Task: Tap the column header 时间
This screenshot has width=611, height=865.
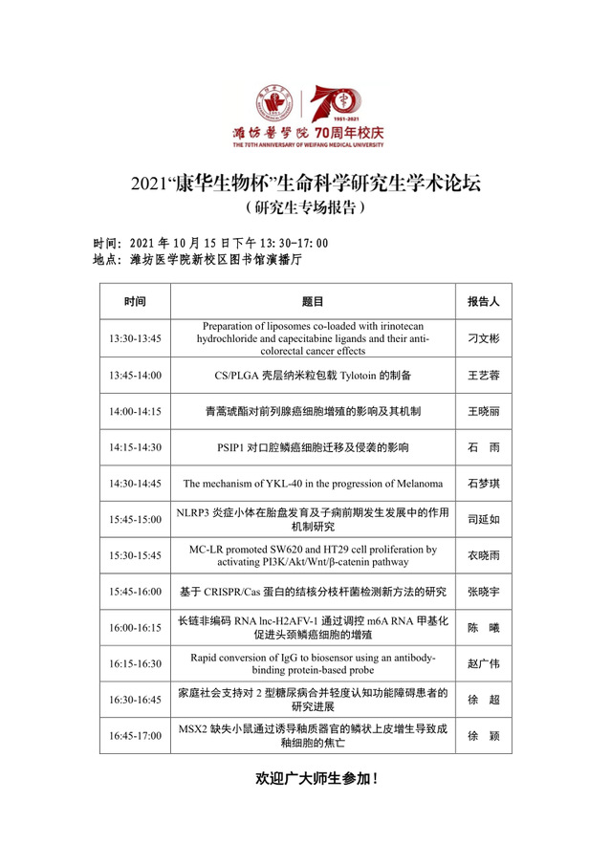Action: (x=135, y=301)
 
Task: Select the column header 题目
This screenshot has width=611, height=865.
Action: (x=313, y=301)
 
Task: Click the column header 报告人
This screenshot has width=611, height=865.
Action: (x=484, y=301)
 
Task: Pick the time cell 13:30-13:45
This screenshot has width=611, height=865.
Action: (x=135, y=338)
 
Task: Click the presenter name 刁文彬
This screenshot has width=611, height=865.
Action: (x=484, y=338)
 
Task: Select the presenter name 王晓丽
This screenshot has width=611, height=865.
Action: (x=484, y=411)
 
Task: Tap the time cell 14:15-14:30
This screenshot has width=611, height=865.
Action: (x=135, y=447)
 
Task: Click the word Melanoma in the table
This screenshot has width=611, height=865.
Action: (x=416, y=484)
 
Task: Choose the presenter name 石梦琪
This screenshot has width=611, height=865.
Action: (x=484, y=484)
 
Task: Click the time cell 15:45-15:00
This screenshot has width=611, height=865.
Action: (x=135, y=519)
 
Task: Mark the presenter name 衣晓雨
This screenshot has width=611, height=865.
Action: (x=484, y=555)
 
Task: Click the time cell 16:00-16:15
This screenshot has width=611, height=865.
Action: (x=135, y=628)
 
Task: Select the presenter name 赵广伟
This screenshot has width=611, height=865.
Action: (x=484, y=663)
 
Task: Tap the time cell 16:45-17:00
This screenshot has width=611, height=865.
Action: (x=135, y=736)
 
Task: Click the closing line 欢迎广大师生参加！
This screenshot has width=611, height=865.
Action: (x=316, y=779)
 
